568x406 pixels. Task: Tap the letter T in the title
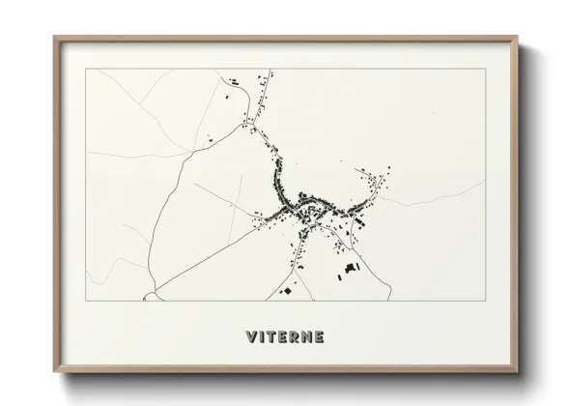click(x=275, y=337)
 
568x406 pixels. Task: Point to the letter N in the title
click(x=308, y=337)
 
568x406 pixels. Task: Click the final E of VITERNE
click(x=320, y=337)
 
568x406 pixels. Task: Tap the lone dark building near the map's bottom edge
click(x=287, y=290)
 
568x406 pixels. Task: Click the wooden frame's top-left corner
click(x=55, y=38)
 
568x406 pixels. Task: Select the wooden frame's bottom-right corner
click(x=516, y=372)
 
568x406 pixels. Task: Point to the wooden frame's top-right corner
click(x=516, y=38)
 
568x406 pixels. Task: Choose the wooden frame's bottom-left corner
click(x=55, y=372)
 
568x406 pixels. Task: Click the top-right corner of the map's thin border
click(x=483, y=69)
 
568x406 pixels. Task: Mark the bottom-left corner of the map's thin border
click(x=87, y=302)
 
